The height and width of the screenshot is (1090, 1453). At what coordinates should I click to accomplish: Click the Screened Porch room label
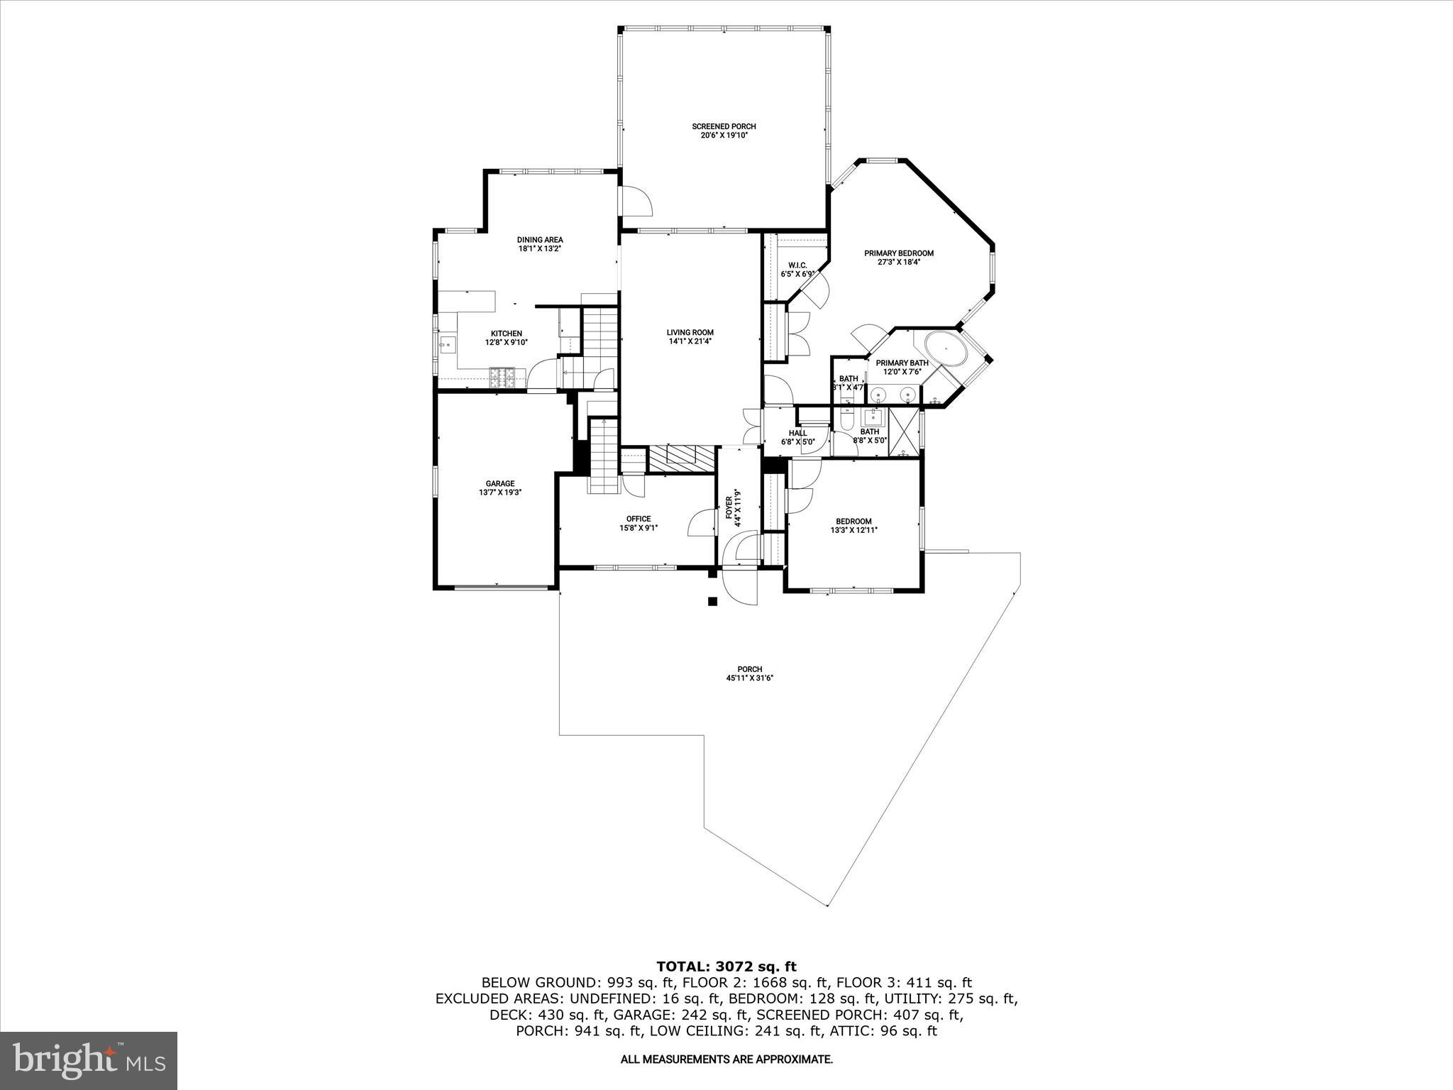[x=724, y=126]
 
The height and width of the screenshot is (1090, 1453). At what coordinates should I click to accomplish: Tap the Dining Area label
[x=539, y=240]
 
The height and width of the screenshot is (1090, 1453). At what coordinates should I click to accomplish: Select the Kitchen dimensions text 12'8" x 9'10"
[x=506, y=342]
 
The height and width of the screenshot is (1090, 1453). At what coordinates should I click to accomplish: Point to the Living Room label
[x=690, y=332]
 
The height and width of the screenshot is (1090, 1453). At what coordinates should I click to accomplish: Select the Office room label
[x=638, y=519]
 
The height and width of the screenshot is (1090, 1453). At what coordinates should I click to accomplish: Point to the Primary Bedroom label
[x=898, y=253]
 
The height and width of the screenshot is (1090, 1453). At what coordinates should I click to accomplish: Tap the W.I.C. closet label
[x=797, y=265]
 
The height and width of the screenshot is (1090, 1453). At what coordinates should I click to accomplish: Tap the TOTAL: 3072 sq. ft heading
[x=726, y=966]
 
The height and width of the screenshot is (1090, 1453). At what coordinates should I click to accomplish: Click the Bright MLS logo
[x=89, y=1060]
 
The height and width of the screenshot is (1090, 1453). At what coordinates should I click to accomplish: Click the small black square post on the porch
[x=712, y=602]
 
